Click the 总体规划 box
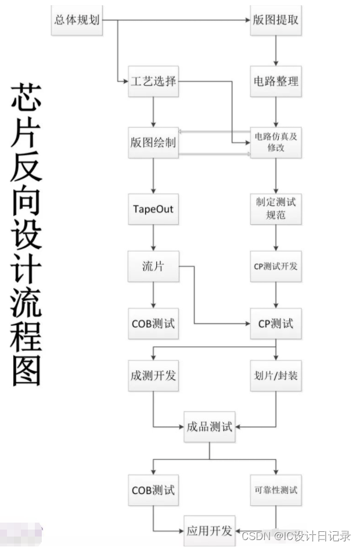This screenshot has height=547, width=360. [x=77, y=19]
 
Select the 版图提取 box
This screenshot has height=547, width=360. [x=276, y=19]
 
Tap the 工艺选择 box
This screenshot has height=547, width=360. [x=153, y=81]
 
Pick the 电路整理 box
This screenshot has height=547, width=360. [x=276, y=81]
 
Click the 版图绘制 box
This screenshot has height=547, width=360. [x=153, y=142]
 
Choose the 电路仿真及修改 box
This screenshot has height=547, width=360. [x=276, y=142]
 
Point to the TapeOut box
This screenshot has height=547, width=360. [x=153, y=209]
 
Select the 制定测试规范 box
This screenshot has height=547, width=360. [x=276, y=209]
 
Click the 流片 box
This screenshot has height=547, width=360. [x=153, y=267]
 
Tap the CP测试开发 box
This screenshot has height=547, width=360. [x=276, y=267]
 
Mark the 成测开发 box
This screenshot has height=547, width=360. [x=153, y=376]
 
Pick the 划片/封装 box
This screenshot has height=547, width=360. [x=276, y=376]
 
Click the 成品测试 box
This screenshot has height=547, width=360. [x=209, y=427]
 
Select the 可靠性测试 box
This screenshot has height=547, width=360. [x=276, y=490]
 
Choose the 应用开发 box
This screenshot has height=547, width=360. [x=209, y=530]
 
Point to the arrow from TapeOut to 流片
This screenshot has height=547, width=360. [x=153, y=238]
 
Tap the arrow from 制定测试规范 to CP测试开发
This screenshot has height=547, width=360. [x=276, y=238]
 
